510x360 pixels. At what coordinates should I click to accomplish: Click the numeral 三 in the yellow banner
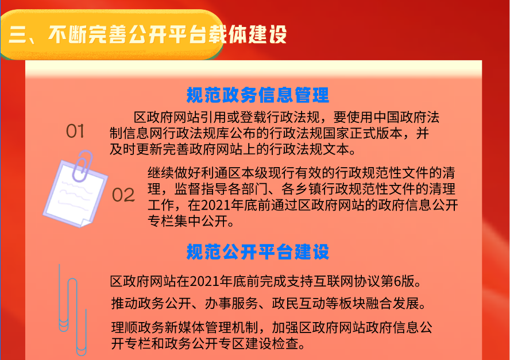click(x=18, y=34)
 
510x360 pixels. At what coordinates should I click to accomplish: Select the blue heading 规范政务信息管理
click(x=258, y=95)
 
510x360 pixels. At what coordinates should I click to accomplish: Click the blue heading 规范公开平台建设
click(x=258, y=251)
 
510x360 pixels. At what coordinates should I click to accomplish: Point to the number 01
click(x=75, y=131)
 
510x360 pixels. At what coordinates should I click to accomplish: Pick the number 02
click(x=123, y=195)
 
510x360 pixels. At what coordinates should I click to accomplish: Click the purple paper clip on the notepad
click(x=82, y=165)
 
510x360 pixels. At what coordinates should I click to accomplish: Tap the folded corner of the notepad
click(x=86, y=222)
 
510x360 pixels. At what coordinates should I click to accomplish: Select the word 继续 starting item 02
click(x=161, y=173)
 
